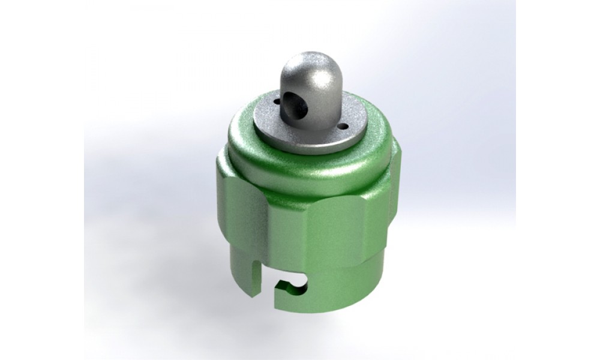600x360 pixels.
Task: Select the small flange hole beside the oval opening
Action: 276,101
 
